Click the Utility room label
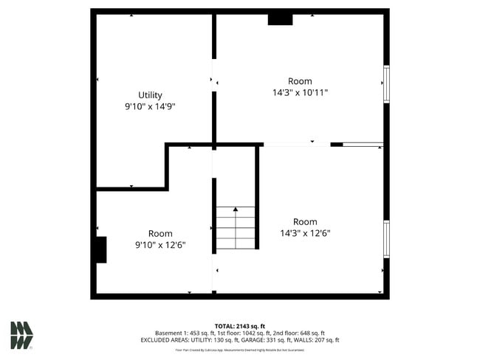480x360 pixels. [x=150, y=95]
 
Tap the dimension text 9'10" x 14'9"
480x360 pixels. [x=150, y=106]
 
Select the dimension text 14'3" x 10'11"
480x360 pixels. [x=300, y=92]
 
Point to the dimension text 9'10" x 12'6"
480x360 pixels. [x=160, y=244]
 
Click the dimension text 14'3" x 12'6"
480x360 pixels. [x=305, y=232]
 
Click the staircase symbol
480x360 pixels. [x=236, y=228]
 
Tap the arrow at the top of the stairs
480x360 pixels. [x=236, y=210]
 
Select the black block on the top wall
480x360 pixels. [x=280, y=19]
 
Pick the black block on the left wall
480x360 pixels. [x=100, y=249]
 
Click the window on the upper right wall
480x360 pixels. [x=385, y=84]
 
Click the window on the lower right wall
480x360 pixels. [x=385, y=239]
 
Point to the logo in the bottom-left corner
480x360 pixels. [x=21, y=335]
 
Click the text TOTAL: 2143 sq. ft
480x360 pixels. [x=239, y=325]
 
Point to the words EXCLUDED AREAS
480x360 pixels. [x=167, y=340]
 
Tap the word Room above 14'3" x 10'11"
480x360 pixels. [x=300, y=81]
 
